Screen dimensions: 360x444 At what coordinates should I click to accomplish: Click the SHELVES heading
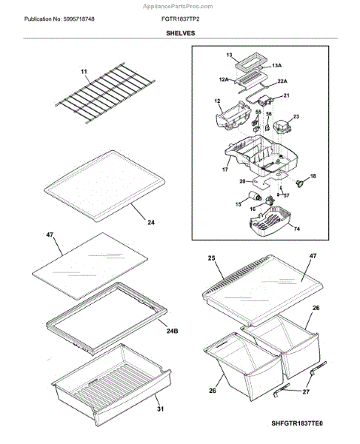[180, 33]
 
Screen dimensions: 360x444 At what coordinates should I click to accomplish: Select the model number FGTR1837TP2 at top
[180, 19]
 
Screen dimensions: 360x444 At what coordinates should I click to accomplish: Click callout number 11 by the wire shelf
[84, 72]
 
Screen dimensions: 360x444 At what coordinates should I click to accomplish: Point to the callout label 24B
[172, 331]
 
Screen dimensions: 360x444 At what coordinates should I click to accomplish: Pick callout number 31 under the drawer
[161, 409]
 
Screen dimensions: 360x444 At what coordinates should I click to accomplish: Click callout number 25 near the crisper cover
[211, 258]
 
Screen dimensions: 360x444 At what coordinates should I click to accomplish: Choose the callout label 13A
[276, 65]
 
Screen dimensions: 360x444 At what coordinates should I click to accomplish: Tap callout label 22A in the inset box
[282, 81]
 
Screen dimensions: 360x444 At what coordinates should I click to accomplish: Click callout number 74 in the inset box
[296, 229]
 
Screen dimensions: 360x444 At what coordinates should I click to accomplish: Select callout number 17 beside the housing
[224, 169]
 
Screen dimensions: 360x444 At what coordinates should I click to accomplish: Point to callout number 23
[296, 116]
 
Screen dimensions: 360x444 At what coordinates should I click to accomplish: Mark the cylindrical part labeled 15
[254, 196]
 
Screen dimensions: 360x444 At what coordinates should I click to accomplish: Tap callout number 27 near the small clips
[306, 391]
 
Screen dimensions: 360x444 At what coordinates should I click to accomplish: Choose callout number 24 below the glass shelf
[151, 222]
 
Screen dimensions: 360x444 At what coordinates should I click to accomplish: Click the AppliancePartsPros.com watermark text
[178, 6]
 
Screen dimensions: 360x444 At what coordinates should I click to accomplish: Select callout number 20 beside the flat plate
[242, 181]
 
